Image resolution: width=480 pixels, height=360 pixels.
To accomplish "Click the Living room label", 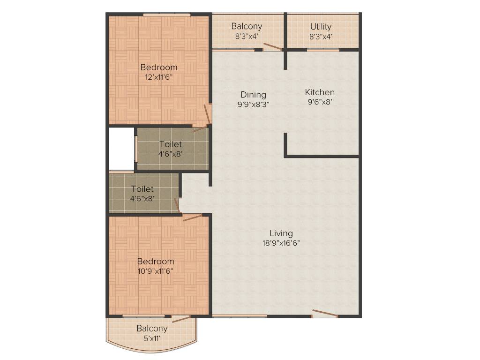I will click(x=281, y=233).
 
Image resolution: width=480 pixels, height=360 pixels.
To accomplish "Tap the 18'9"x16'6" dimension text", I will click(x=281, y=243).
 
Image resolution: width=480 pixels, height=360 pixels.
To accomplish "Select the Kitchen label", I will click(x=320, y=92).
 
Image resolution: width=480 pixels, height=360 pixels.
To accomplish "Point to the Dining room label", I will click(x=253, y=95).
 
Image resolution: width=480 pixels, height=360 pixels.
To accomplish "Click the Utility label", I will click(x=321, y=26).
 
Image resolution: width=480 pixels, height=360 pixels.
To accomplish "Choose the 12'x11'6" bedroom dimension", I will click(x=159, y=77).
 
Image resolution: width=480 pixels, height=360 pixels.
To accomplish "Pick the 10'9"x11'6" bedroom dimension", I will click(x=156, y=271).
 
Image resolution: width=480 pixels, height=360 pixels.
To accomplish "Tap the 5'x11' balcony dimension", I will click(x=152, y=338).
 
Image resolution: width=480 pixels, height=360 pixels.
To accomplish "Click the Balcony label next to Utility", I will click(x=247, y=26).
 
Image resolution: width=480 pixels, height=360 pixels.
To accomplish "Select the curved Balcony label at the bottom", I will click(x=152, y=328).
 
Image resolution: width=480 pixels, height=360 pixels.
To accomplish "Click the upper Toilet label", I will click(x=171, y=144).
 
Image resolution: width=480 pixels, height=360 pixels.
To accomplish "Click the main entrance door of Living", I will click(x=325, y=314).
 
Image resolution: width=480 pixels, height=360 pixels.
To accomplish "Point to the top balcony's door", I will click(x=272, y=46).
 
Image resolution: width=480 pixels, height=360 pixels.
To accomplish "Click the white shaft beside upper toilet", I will click(x=121, y=149).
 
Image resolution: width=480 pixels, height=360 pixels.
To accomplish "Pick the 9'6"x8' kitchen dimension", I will click(x=320, y=102).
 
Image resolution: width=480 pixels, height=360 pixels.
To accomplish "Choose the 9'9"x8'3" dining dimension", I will click(x=253, y=105).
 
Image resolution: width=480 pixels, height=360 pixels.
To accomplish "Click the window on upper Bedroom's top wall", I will click(x=167, y=15).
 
